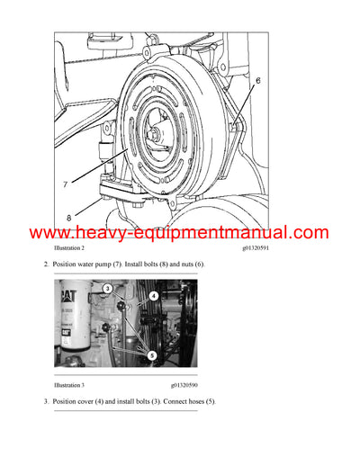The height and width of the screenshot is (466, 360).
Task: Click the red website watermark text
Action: (180, 233)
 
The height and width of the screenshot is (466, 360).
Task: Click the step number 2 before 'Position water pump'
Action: (46, 264)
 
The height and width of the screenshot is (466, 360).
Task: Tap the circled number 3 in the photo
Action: (106, 289)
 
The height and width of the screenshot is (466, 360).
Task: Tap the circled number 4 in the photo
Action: (154, 295)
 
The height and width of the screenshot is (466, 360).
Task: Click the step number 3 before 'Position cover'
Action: (46, 401)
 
